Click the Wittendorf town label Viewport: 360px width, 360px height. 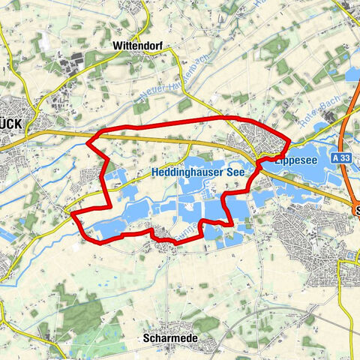[x=137, y=45]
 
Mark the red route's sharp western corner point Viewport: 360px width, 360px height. [x=88, y=140]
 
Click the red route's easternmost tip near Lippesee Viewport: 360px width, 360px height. [x=289, y=140]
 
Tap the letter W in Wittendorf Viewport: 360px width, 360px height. [x=116, y=45]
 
